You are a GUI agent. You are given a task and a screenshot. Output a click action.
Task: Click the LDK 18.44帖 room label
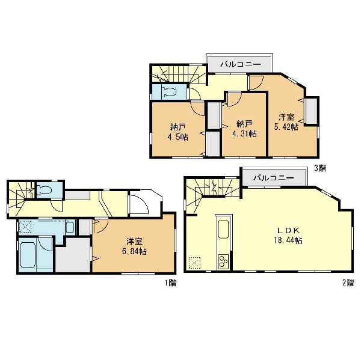pyautogui.click(x=288, y=236)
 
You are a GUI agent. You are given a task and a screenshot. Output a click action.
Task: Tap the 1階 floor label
pyautogui.click(x=170, y=282)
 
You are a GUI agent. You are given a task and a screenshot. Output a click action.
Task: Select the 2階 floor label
pyautogui.click(x=348, y=282)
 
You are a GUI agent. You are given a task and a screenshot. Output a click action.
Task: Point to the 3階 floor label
pyautogui.click(x=320, y=168)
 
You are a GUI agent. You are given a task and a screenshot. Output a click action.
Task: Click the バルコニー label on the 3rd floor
pyautogui.click(x=241, y=64)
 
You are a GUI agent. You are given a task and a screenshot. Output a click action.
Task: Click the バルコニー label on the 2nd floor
pyautogui.click(x=274, y=178)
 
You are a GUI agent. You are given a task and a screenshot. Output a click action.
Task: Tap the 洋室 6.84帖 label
pyautogui.click(x=134, y=246)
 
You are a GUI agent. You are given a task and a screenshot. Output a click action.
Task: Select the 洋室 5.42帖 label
pyautogui.click(x=286, y=122)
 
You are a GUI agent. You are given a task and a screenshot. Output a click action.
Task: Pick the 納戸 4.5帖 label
pyautogui.click(x=177, y=132)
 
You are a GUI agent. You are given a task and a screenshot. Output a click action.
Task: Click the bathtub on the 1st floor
pyautogui.click(x=28, y=253)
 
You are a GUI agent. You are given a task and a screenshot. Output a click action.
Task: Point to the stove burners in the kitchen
pyautogui.click(x=223, y=261)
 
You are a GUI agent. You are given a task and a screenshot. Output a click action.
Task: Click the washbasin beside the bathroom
pyautogui.click(x=70, y=228)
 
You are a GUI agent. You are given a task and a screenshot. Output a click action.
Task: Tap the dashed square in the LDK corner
pyautogui.click(x=194, y=263)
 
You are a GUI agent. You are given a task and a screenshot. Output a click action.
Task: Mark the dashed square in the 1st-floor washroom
pyautogui.click(x=25, y=227)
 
